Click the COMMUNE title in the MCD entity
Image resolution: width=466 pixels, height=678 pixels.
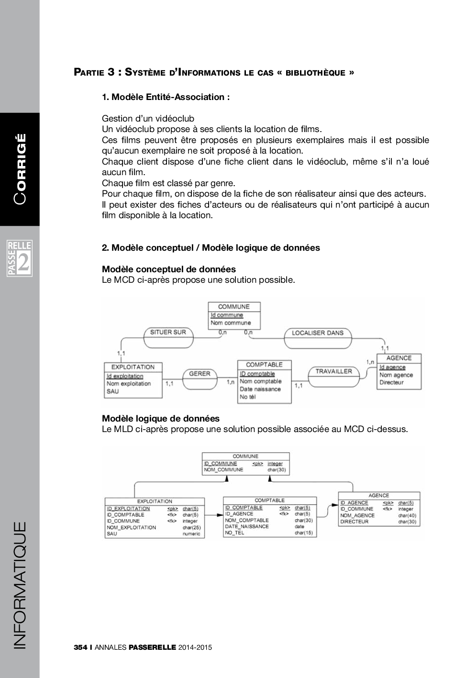tap(234, 307)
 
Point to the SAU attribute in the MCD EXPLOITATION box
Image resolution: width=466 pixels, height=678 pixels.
tap(113, 391)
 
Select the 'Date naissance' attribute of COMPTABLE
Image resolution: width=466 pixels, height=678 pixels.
tap(260, 389)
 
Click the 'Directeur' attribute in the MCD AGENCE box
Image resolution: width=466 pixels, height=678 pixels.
tap(392, 382)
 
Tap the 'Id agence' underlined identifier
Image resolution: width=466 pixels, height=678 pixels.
tap(392, 367)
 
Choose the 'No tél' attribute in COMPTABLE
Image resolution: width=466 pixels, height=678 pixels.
tap(248, 397)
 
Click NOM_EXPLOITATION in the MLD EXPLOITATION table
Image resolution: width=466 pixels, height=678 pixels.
tap(132, 527)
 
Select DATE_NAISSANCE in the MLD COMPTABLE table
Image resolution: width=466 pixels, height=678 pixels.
tap(247, 526)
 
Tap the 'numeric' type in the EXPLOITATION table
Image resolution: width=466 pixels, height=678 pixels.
tap(191, 534)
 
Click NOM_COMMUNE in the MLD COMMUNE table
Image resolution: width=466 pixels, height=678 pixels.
tap(224, 470)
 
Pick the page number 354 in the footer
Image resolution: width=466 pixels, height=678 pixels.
tap(80, 647)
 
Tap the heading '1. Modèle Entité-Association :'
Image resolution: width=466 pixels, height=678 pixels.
tap(166, 97)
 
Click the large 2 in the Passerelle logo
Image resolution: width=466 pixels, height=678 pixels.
tap(24, 263)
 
